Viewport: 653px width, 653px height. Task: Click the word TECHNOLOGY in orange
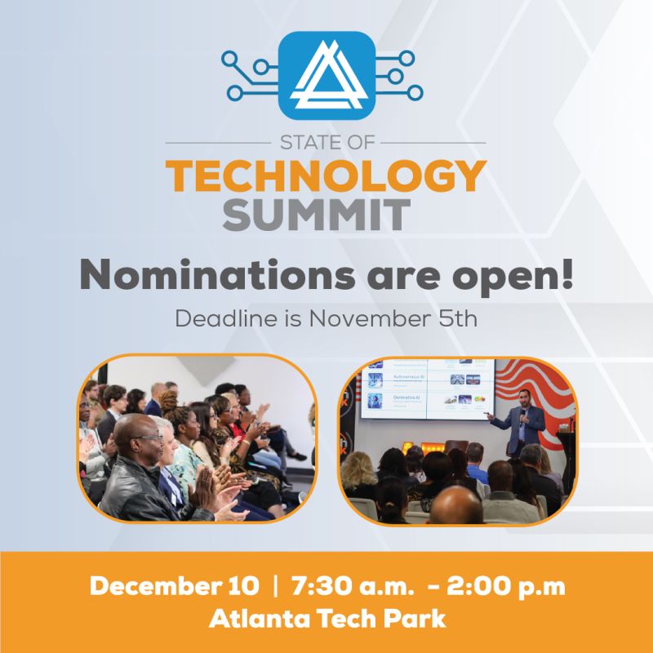coord(326,175)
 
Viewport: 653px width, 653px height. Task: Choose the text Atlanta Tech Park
coord(326,618)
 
